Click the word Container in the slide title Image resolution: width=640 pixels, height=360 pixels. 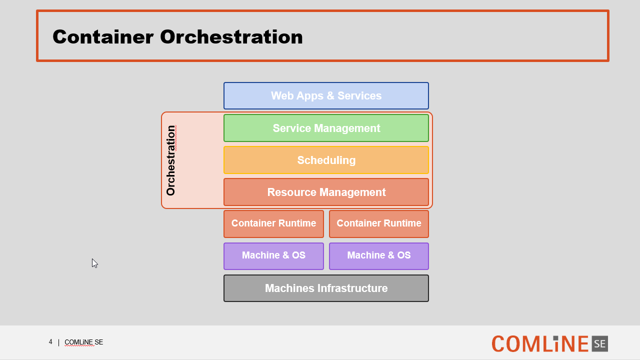click(x=103, y=37)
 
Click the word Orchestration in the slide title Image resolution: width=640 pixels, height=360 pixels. click(x=231, y=37)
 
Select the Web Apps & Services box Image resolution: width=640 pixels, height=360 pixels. click(x=326, y=95)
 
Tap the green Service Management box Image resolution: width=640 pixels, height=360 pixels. click(x=326, y=128)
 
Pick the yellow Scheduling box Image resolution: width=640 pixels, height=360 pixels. click(x=326, y=160)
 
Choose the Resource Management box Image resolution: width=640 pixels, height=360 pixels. click(x=326, y=192)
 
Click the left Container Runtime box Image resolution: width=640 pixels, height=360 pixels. click(x=273, y=224)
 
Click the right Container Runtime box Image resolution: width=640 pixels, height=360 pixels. click(x=379, y=224)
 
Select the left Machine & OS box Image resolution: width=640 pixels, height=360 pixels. click(x=273, y=256)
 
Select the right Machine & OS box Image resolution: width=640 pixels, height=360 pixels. click(x=379, y=256)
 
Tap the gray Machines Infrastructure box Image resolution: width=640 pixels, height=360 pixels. click(x=326, y=288)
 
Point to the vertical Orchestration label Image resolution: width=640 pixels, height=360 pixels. click(x=171, y=160)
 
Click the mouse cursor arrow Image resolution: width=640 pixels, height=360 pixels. click(x=94, y=263)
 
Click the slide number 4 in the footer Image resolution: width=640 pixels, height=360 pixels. click(x=50, y=341)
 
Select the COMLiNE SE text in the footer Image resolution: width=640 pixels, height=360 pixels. click(x=83, y=342)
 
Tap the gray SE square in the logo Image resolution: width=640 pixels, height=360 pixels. click(x=599, y=343)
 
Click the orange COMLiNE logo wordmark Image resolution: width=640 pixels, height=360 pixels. click(x=539, y=343)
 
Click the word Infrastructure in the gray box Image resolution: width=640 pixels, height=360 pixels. click(x=352, y=288)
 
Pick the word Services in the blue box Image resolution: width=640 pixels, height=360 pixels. click(x=359, y=95)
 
